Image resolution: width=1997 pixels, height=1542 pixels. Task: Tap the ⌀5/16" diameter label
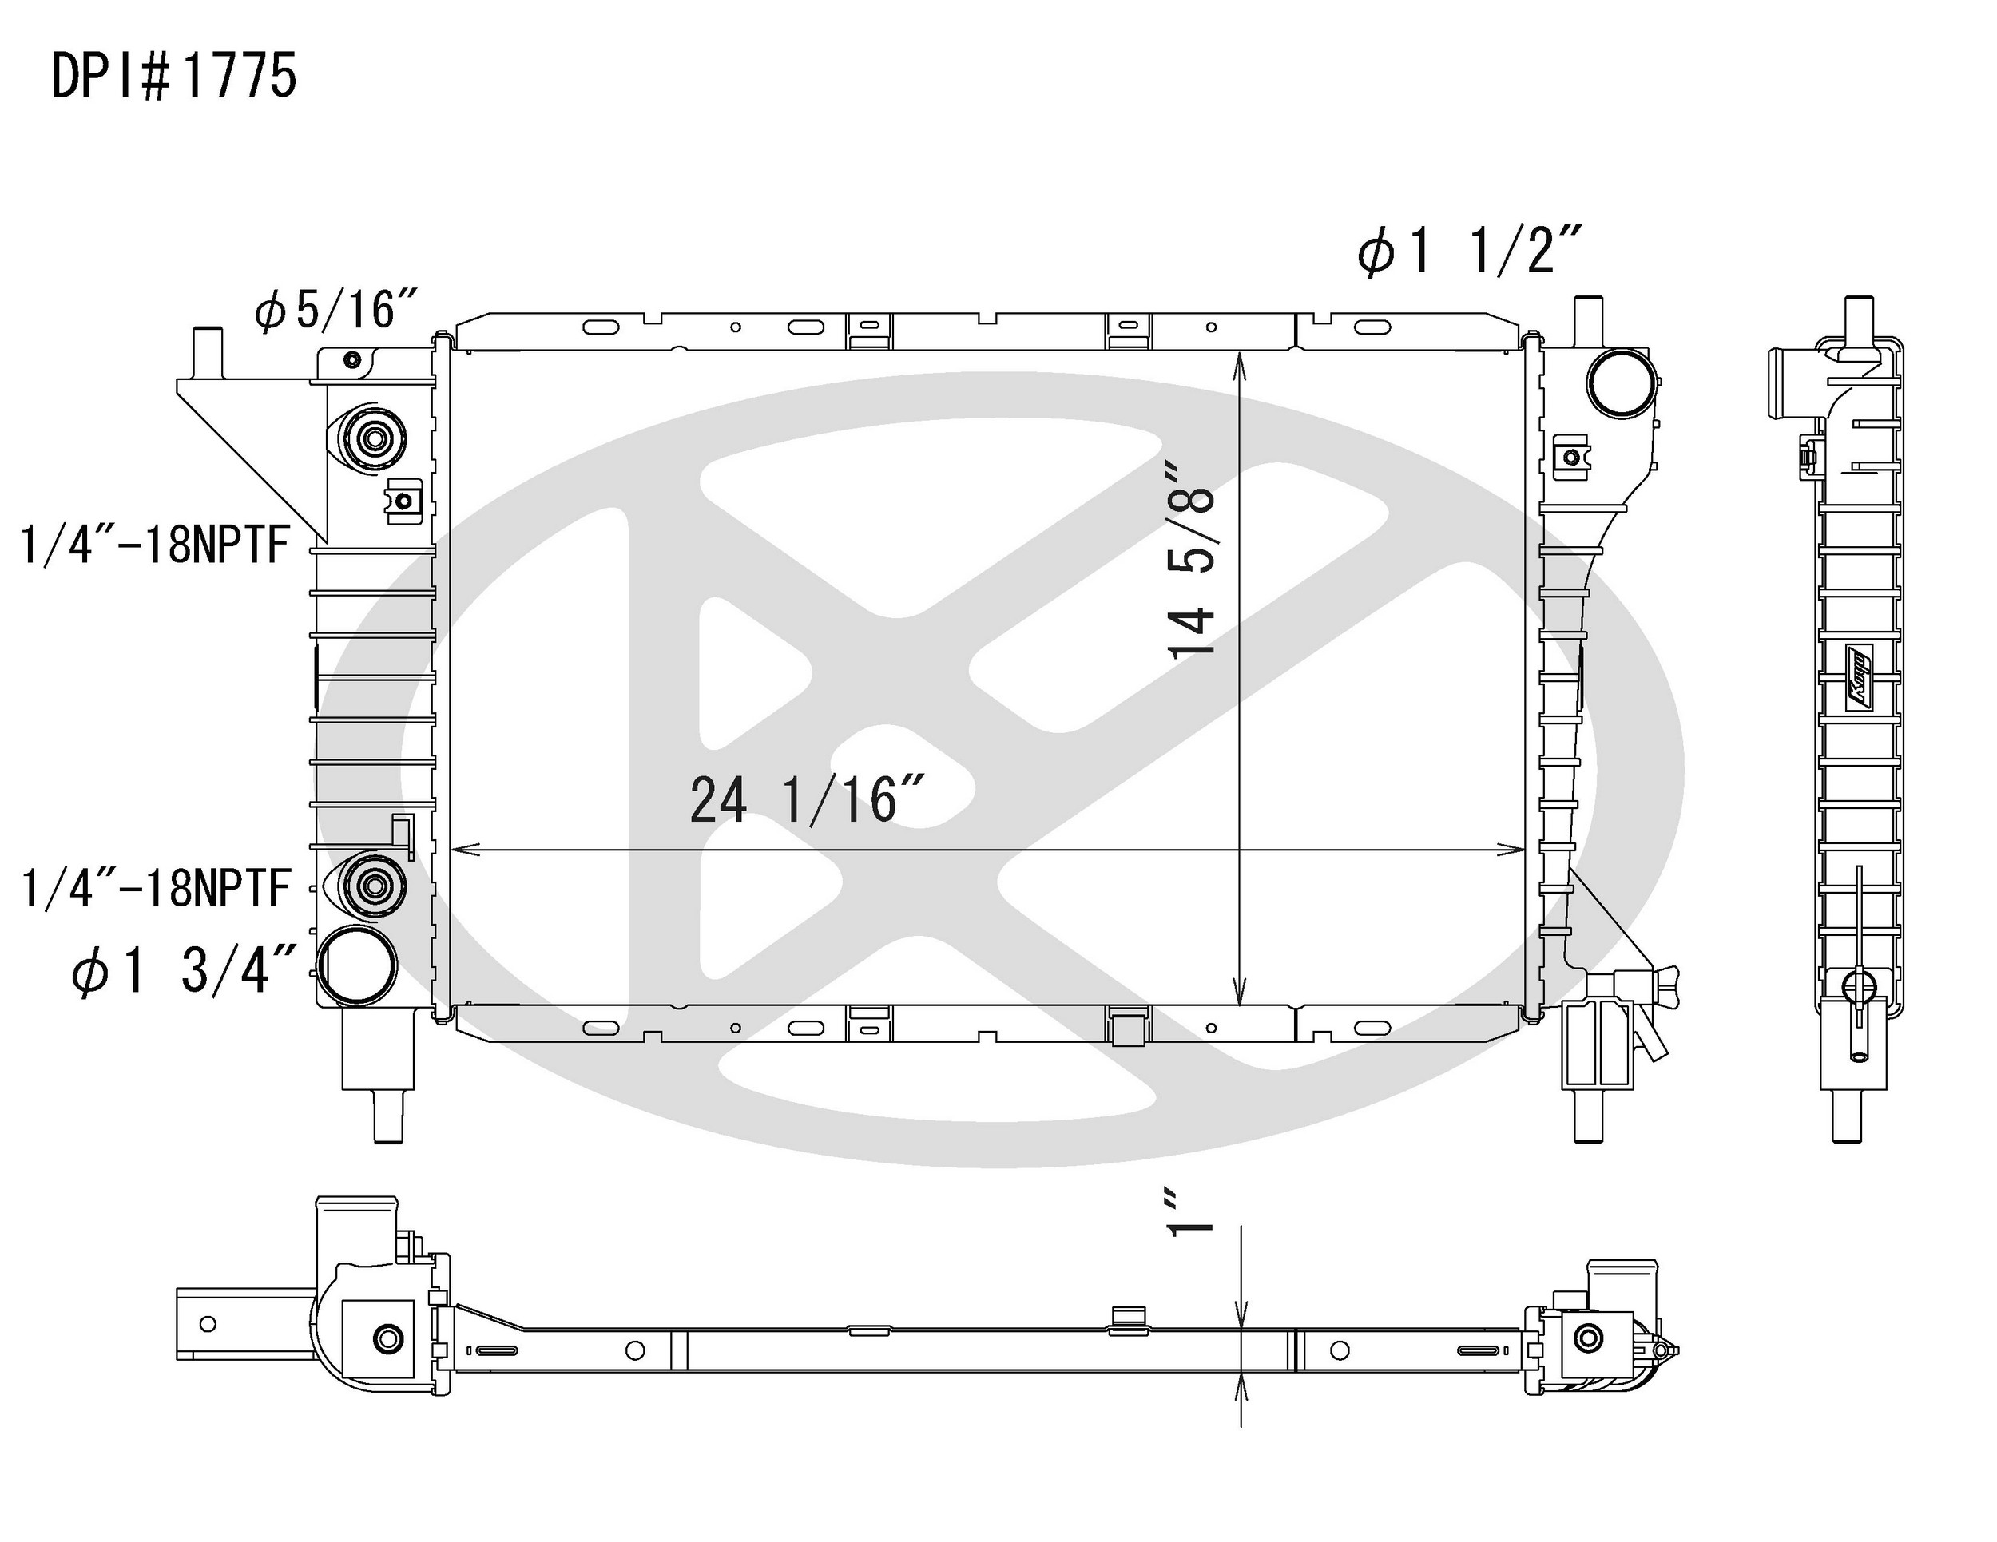click(x=336, y=309)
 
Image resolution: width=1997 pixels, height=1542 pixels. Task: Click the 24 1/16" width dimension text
click(x=808, y=800)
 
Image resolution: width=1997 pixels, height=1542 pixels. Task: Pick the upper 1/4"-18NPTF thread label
click(x=156, y=545)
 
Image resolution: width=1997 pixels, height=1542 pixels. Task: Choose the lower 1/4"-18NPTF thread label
click(x=156, y=887)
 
